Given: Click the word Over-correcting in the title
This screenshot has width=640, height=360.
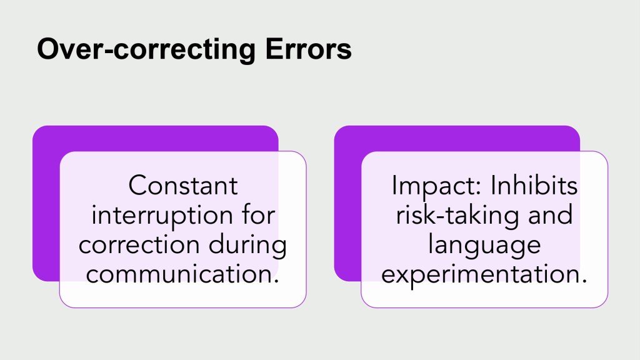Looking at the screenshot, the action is [x=146, y=49].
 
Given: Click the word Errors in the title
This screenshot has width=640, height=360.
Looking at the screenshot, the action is [x=308, y=49].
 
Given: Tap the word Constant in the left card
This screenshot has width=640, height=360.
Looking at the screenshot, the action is [x=183, y=186].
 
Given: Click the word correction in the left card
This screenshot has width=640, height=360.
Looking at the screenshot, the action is [x=139, y=245].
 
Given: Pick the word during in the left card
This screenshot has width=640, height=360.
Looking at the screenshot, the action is [x=247, y=246].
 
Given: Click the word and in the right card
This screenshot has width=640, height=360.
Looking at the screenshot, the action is [x=550, y=215].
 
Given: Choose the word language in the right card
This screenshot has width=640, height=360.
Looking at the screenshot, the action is [x=484, y=246].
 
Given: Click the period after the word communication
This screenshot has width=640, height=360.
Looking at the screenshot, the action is [x=276, y=282].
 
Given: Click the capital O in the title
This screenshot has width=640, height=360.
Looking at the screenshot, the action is [x=49, y=49].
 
